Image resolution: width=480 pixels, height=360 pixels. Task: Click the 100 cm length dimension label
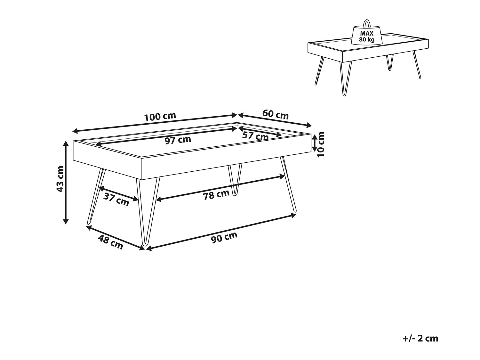[160, 117]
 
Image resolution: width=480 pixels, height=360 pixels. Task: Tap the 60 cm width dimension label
[275, 114]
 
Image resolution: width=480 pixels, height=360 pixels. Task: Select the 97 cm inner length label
[178, 140]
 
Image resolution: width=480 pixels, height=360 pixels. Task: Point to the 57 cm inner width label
[255, 136]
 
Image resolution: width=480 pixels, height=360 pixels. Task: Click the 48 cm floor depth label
[110, 242]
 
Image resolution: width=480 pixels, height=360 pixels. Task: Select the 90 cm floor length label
[224, 237]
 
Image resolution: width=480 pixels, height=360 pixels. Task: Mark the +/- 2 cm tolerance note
[420, 338]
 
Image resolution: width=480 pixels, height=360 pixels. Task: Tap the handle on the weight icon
[367, 23]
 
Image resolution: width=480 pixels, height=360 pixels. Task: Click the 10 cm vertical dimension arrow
[314, 143]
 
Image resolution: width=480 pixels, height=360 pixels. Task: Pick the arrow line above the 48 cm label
[116, 237]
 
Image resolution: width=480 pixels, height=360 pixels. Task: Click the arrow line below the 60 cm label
[275, 120]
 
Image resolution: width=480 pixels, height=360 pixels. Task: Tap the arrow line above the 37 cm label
[118, 193]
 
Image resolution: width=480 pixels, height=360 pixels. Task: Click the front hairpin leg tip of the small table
[344, 95]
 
